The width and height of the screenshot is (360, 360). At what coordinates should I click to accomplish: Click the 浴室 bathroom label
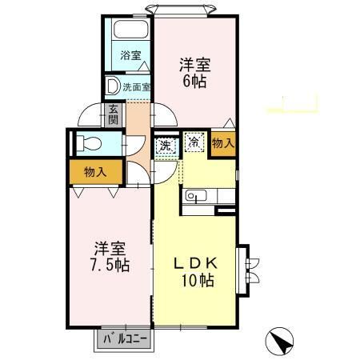130,55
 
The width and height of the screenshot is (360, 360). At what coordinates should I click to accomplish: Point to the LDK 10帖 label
196,270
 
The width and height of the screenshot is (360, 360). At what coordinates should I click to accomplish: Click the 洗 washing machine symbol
165,146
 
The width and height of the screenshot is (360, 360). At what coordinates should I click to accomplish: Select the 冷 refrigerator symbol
194,142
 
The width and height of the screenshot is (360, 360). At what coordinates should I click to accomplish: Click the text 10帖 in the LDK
196,281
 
